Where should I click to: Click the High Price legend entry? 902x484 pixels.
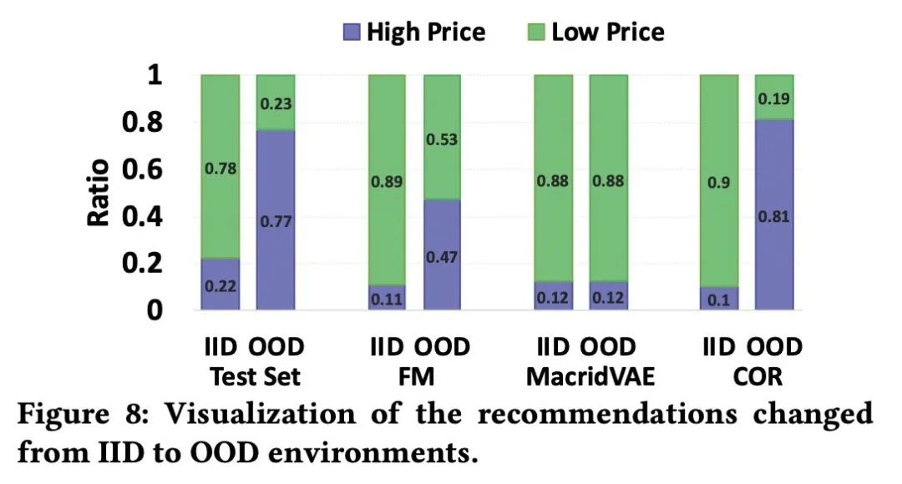413,33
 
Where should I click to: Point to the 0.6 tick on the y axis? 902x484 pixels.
157,169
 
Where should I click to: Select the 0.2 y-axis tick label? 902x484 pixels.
157,264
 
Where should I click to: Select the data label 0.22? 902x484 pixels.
220,286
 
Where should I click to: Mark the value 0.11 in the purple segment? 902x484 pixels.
387,298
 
